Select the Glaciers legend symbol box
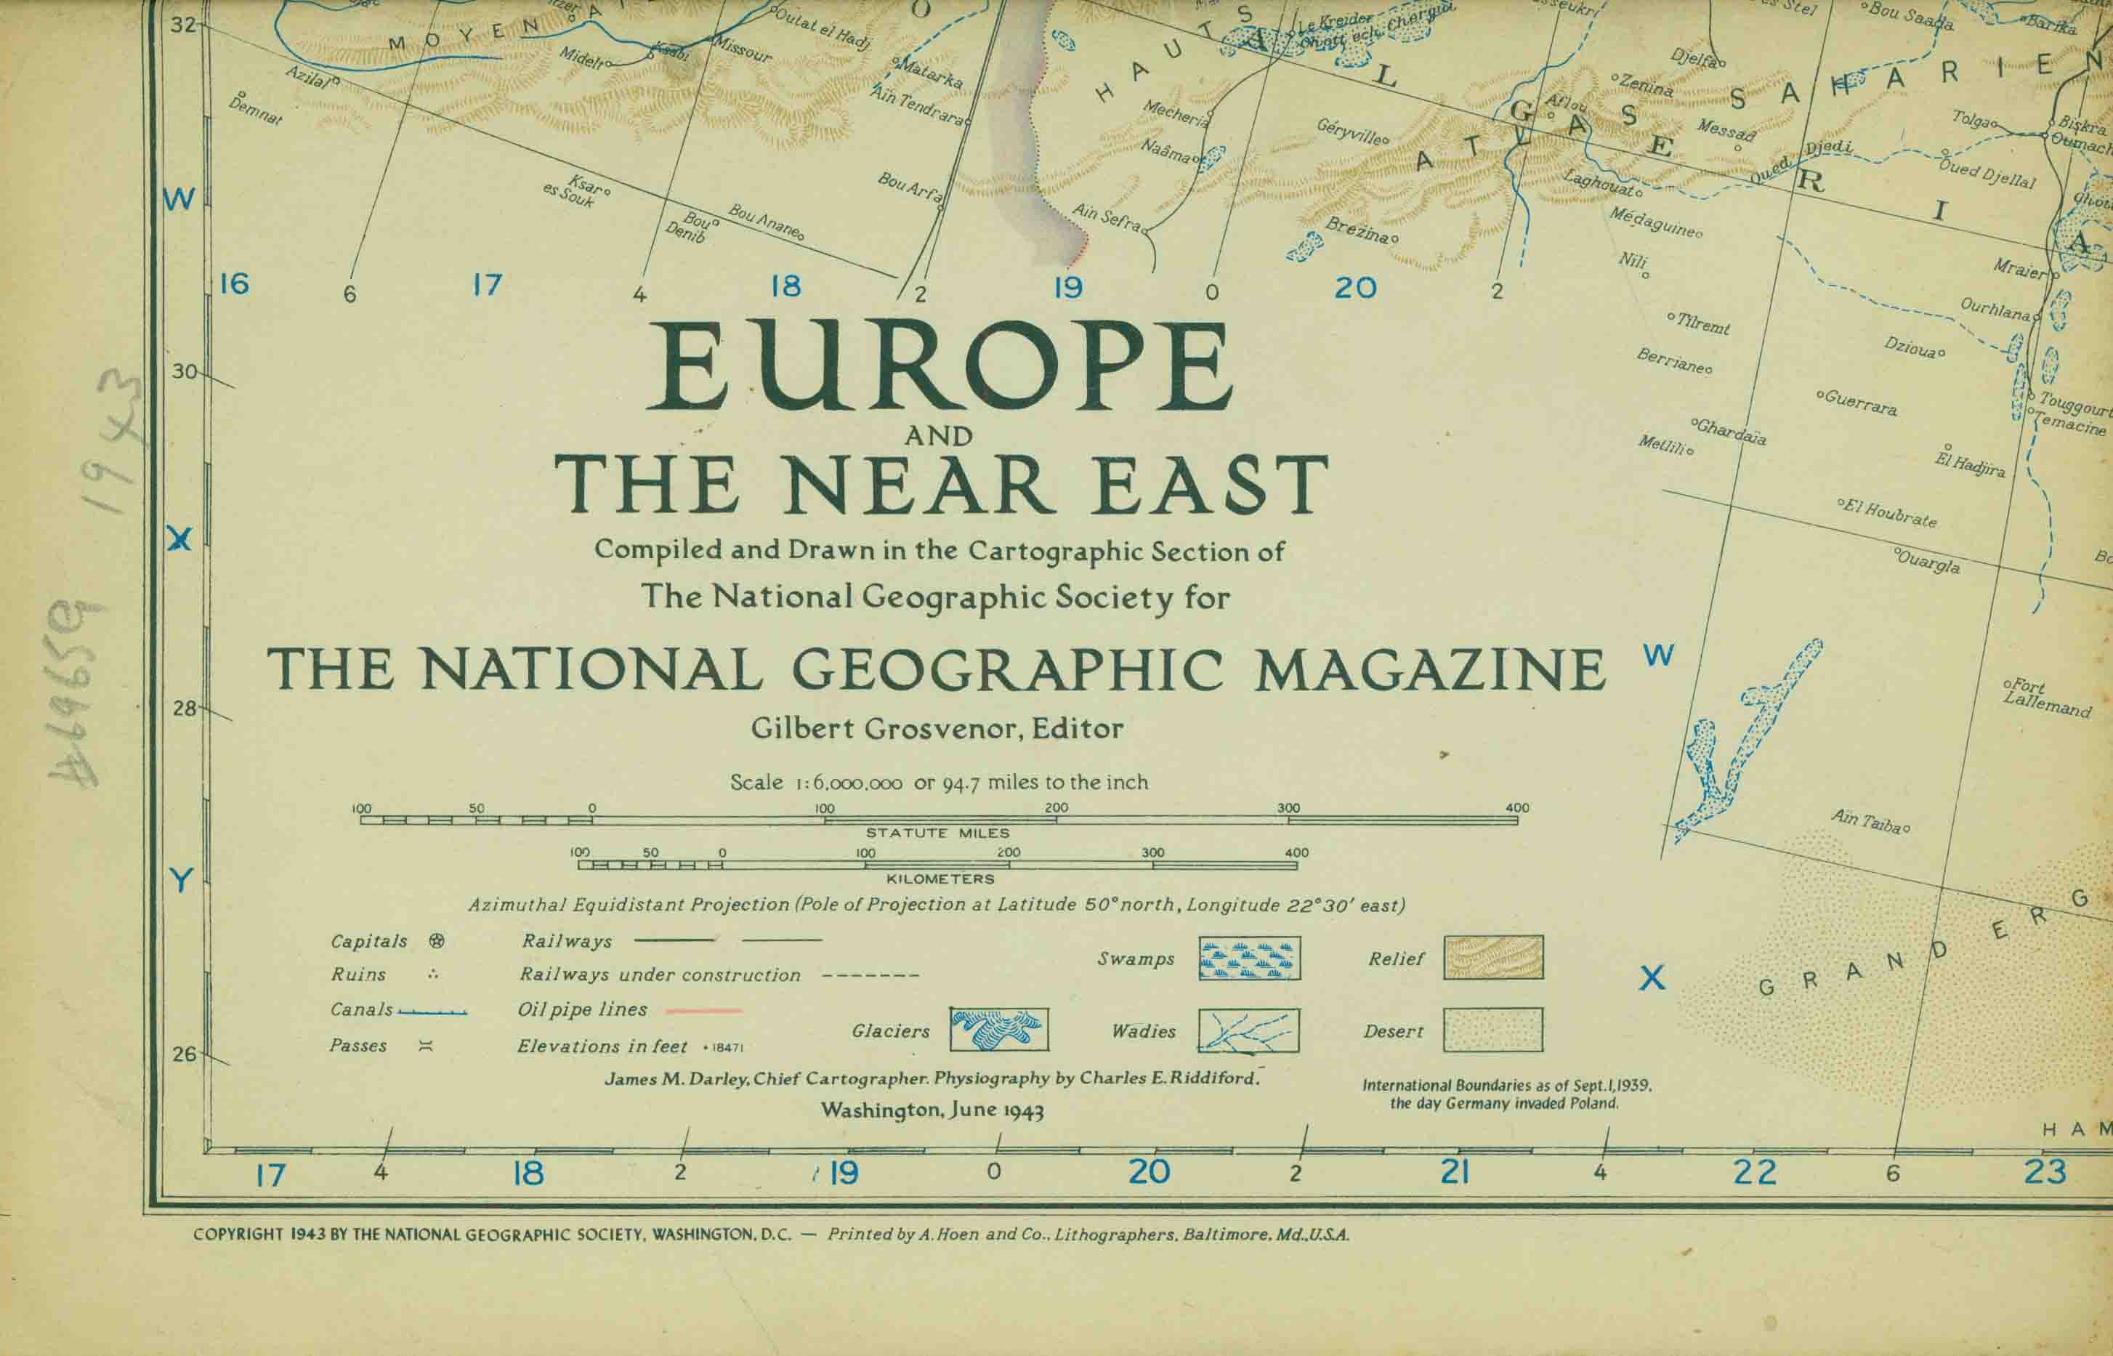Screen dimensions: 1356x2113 click(x=998, y=1029)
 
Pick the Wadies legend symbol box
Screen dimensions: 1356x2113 click(x=1248, y=1030)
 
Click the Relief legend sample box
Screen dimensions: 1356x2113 click(x=1492, y=958)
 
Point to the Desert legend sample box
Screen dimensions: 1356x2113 click(x=1492, y=1029)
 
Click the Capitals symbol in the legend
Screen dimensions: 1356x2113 click(x=436, y=941)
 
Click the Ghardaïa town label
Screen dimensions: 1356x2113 click(x=1730, y=432)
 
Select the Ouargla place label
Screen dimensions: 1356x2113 click(x=1928, y=562)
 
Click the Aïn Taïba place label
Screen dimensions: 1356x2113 click(x=1868, y=822)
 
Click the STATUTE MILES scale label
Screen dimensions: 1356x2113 click(x=937, y=833)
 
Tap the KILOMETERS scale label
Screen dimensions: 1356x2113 click(x=940, y=879)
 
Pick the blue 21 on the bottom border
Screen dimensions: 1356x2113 click(x=1455, y=1172)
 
